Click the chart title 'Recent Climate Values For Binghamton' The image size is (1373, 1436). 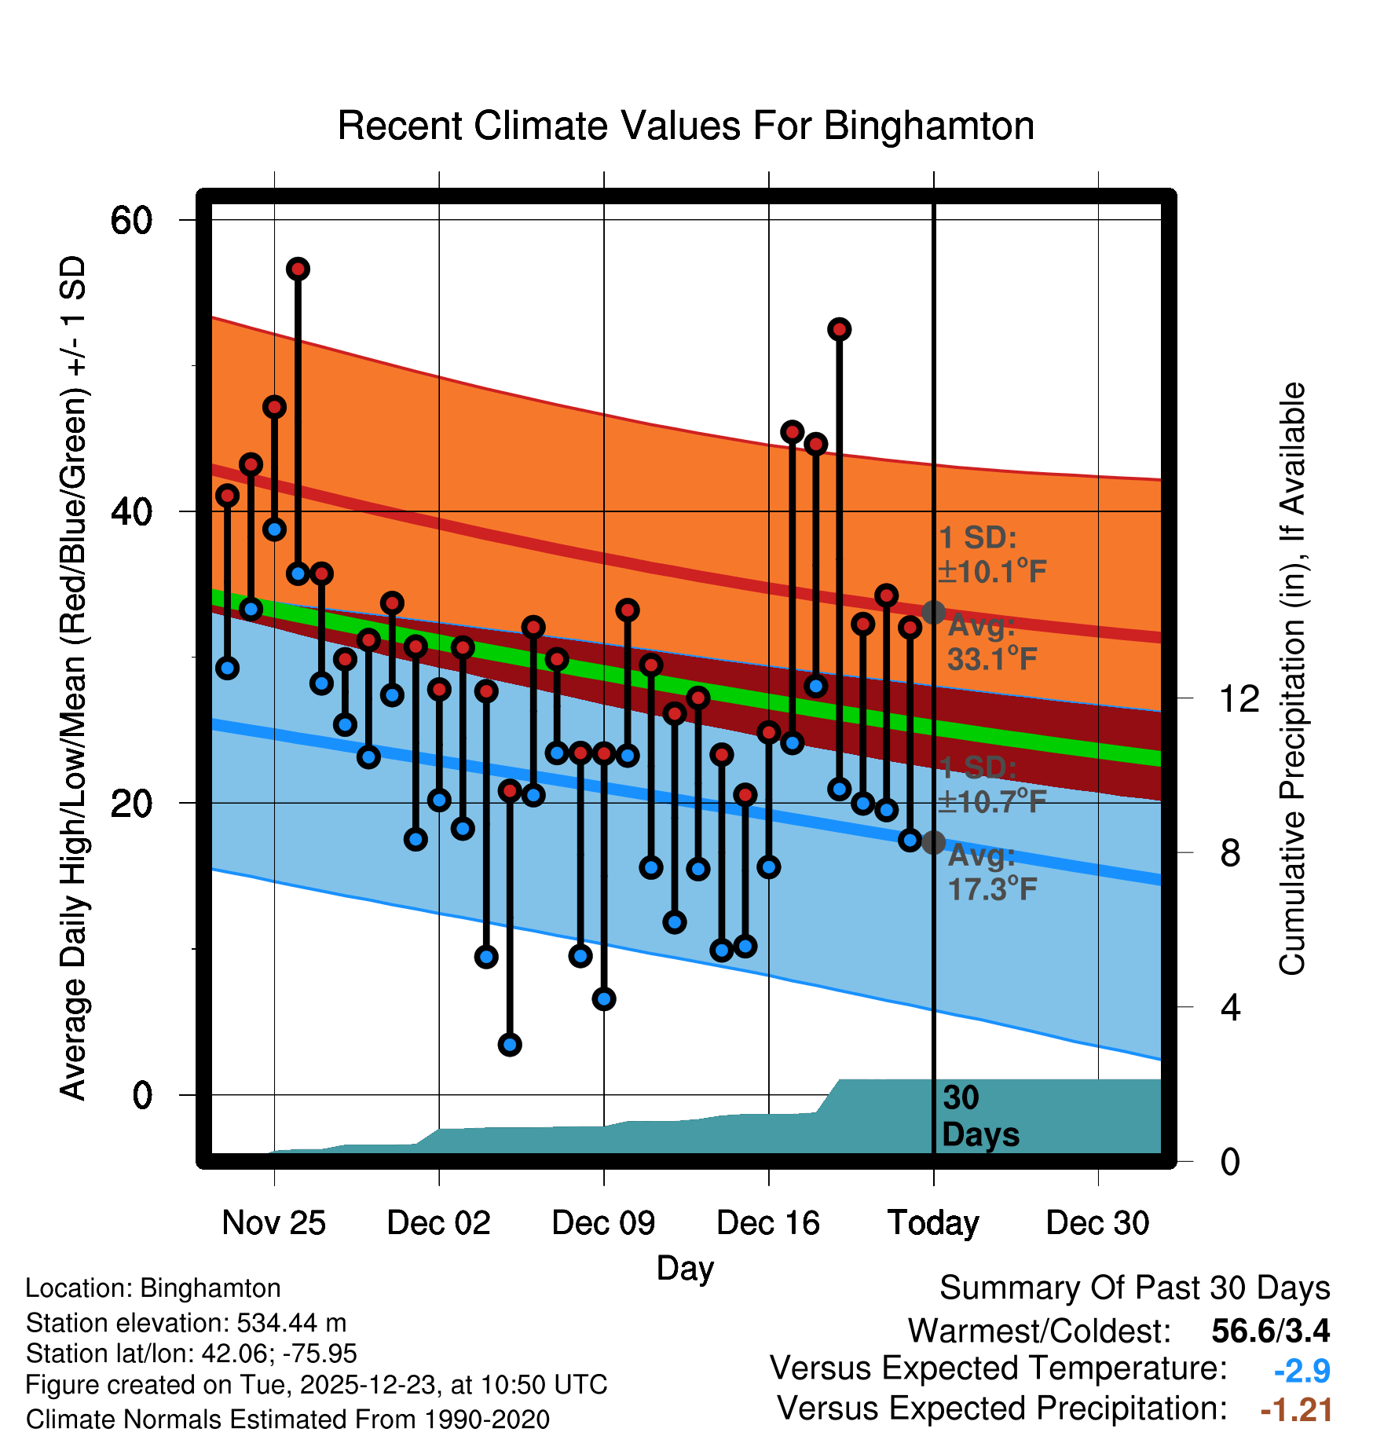pos(686,126)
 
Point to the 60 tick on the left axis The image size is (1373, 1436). pos(131,220)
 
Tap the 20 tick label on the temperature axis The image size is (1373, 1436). pos(131,804)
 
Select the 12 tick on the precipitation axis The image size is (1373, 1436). pos(1239,698)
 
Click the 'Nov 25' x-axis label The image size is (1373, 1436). pos(273,1222)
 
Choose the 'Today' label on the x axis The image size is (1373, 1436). pos(933,1222)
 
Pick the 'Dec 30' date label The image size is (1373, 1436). pos(1097,1222)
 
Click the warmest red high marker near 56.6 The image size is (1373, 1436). pos(298,269)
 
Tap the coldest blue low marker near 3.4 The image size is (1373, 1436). pos(510,1045)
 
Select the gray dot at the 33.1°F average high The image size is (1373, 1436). pos(933,612)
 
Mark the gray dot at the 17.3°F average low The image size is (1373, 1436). pos(933,843)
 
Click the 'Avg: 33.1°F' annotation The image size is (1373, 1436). pos(991,643)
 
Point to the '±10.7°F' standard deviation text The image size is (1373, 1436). pos(991,802)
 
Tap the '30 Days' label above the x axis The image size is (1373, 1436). pos(979,1116)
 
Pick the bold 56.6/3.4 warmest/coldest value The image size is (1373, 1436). pos(1270,1331)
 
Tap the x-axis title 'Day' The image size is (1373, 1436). pos(685,1268)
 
